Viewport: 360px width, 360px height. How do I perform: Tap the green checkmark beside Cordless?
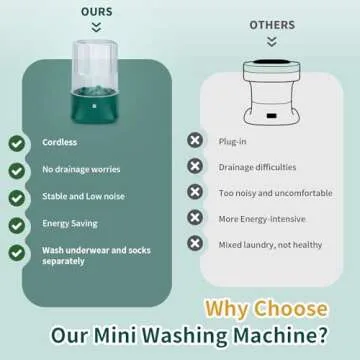pos(17,144)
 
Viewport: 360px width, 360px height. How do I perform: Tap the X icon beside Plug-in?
pos(196,144)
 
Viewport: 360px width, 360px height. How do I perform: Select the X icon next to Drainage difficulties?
pos(196,168)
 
